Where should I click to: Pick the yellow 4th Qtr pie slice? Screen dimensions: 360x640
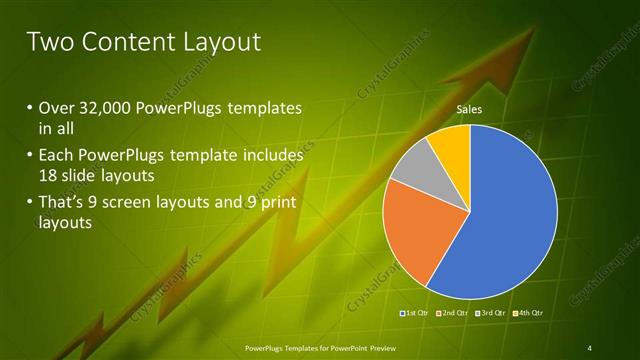click(x=454, y=144)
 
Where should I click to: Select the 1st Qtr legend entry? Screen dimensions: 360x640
click(x=414, y=314)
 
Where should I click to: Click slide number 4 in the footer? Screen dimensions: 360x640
click(x=589, y=347)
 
